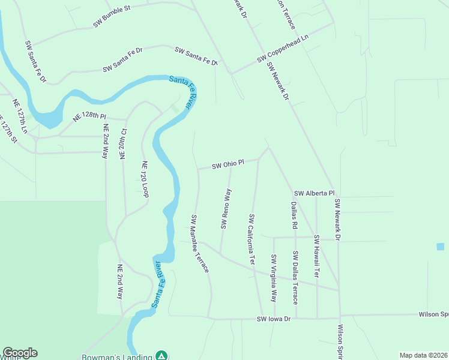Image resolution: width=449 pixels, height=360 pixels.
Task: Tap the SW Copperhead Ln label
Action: pos(282,50)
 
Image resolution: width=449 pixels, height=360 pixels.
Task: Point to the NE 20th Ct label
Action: pos(124,143)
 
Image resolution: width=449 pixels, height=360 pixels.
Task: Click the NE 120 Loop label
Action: pos(145,179)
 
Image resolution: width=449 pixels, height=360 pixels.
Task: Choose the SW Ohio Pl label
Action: pos(228,163)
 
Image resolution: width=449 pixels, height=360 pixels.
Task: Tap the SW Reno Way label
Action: pos(226,209)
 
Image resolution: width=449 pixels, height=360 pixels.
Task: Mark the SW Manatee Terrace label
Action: pos(200,244)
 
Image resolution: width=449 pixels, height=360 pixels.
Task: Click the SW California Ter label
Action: pos(253,240)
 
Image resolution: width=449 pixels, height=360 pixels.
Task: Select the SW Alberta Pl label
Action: pos(314,193)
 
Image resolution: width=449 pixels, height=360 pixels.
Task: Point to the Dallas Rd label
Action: pos(294,215)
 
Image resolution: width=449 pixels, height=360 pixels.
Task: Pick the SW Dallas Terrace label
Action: pos(295,277)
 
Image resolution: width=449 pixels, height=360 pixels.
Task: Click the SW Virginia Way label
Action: pos(273,278)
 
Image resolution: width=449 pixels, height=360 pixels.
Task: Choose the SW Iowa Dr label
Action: pos(274,319)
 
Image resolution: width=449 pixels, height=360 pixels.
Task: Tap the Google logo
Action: pos(20,353)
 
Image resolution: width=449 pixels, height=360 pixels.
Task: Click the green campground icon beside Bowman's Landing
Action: pos(161,355)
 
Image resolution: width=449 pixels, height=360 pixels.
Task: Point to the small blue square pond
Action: pos(441,247)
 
